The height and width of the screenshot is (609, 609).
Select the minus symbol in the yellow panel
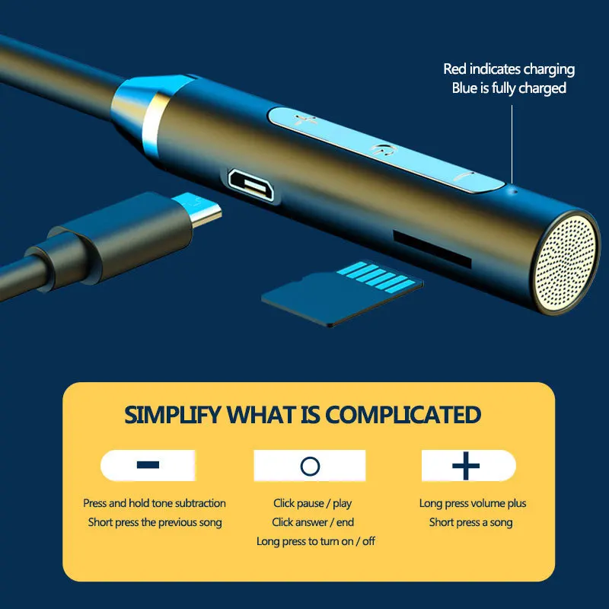point(148,465)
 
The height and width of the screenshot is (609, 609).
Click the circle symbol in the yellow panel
point(310,466)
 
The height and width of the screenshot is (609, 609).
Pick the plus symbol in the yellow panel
point(466,465)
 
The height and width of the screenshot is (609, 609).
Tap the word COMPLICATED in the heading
point(403,416)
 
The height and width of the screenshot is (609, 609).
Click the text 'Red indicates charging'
point(509,69)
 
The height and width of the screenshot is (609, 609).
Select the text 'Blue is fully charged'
point(509,88)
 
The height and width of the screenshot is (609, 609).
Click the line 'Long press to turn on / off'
point(316,541)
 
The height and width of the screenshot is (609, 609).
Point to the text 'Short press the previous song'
point(155,522)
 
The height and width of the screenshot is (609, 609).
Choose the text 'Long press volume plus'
point(473,503)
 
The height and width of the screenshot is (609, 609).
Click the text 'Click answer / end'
point(313,522)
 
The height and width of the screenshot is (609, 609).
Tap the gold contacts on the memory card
point(381,275)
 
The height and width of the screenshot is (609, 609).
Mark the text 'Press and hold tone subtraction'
point(155,503)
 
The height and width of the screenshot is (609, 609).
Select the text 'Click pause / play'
point(313,503)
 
